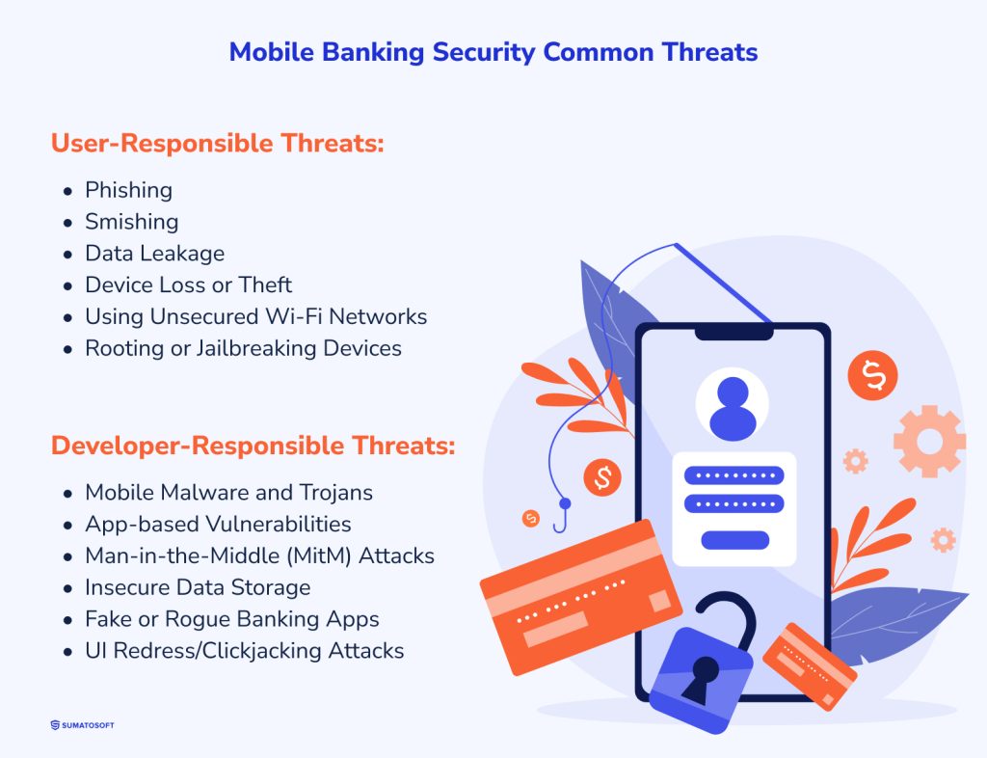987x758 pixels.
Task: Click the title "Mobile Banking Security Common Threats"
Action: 493,52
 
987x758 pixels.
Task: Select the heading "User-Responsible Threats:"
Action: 217,144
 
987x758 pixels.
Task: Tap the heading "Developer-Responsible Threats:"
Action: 253,447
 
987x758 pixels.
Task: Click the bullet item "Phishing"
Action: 128,190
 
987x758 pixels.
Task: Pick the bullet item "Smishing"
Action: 131,222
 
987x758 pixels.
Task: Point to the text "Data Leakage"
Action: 154,254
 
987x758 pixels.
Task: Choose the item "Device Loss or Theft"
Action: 188,284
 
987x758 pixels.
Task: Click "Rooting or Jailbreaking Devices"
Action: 243,347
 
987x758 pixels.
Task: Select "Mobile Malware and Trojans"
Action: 228,493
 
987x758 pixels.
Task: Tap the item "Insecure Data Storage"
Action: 198,587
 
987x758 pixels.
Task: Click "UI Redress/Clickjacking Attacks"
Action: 244,651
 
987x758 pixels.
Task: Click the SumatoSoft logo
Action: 82,725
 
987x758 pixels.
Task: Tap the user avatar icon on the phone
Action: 733,406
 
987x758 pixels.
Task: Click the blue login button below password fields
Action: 734,540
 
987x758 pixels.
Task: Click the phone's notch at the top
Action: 734,332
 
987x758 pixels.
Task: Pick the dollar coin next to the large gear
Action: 872,374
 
